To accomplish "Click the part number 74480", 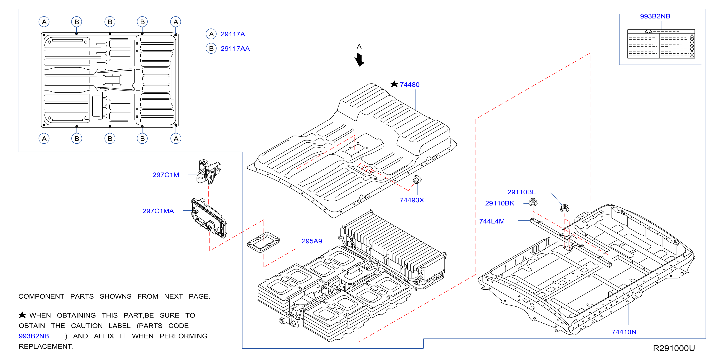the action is pyautogui.click(x=410, y=85).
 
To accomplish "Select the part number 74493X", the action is pyautogui.click(x=412, y=200).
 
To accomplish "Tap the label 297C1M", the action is pyautogui.click(x=166, y=175).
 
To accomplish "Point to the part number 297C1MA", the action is pyautogui.click(x=158, y=211).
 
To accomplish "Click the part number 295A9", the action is pyautogui.click(x=312, y=241).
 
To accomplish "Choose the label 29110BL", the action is pyautogui.click(x=521, y=192).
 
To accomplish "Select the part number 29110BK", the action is pyautogui.click(x=499, y=203).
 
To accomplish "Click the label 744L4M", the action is pyautogui.click(x=492, y=221).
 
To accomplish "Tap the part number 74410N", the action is pyautogui.click(x=624, y=332).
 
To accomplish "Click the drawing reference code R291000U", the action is pyautogui.click(x=674, y=348).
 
